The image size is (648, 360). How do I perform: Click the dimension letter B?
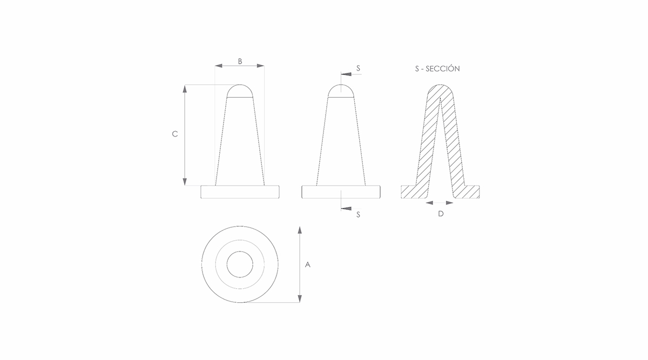click(x=240, y=62)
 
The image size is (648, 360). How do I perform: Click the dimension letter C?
click(x=175, y=134)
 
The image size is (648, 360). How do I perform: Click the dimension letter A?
click(x=307, y=264)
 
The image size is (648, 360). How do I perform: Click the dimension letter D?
click(x=441, y=214)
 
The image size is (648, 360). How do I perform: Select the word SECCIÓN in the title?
click(x=443, y=69)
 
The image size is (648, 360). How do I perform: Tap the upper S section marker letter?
click(x=358, y=68)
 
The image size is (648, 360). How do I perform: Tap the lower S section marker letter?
click(x=358, y=215)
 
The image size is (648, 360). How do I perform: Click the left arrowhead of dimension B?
click(x=218, y=66)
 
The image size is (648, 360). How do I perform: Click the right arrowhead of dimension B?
click(x=260, y=66)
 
